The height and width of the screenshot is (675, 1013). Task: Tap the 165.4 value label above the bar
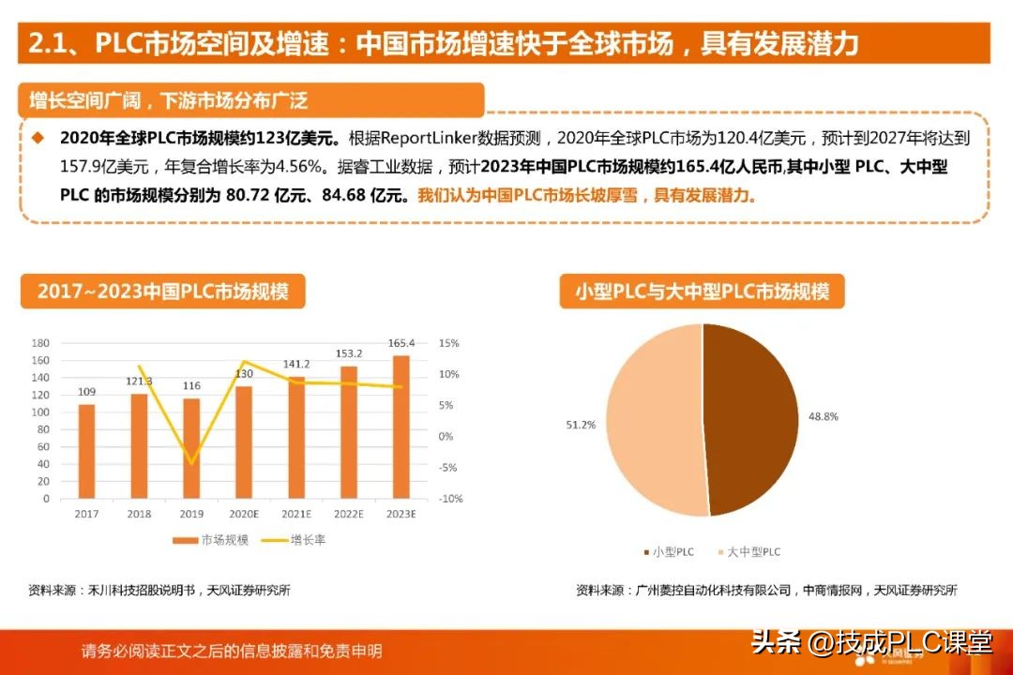401,343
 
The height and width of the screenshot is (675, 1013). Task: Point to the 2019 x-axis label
191,515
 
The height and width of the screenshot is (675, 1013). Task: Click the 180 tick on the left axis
40,343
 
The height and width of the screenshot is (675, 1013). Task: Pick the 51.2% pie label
581,425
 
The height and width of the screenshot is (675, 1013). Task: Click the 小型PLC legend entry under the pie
670,552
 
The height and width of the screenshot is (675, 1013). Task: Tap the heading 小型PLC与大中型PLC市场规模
703,292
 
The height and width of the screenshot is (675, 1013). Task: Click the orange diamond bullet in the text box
38,137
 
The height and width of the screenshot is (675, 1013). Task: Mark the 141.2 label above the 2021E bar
296,365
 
